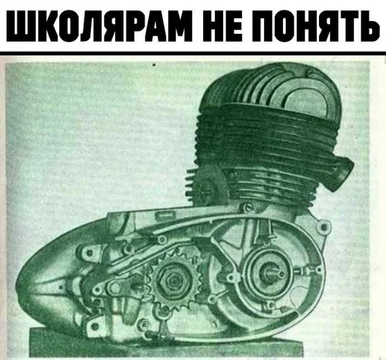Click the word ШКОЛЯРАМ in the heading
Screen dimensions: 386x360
coord(99,25)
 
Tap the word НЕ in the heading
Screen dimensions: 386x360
coord(223,25)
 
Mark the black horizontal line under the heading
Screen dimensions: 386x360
coord(193,53)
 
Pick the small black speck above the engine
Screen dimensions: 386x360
coord(154,65)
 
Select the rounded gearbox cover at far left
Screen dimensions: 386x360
coord(57,278)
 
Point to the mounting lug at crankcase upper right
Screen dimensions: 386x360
coord(324,226)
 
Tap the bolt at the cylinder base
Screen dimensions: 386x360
coord(247,207)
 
